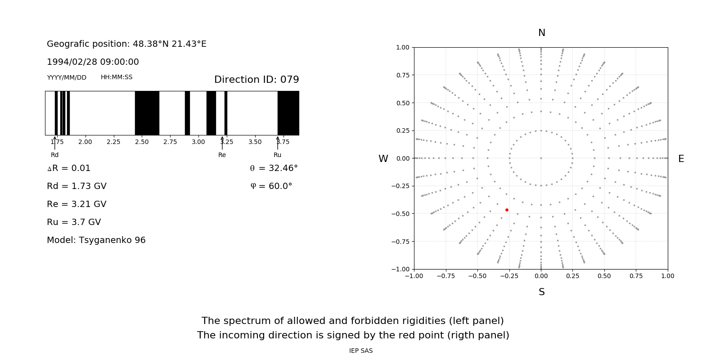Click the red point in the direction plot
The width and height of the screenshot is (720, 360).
507,210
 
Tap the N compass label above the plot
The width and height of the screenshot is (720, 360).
541,33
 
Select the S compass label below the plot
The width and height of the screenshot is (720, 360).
541,292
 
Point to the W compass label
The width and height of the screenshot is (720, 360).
383,159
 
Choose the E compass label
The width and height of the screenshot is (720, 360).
681,159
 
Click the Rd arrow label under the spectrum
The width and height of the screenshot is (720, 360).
54,155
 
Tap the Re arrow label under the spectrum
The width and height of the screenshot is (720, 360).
222,155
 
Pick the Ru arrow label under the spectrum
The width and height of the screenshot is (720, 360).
277,155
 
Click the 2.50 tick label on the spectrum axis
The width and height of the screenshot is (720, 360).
142,142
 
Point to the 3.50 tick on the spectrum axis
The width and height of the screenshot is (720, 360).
255,142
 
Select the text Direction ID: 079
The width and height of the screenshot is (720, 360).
256,80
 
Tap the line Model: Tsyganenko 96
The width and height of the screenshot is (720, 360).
96,240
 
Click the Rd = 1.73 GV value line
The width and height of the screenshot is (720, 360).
76,186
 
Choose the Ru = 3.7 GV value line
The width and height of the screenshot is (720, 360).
74,222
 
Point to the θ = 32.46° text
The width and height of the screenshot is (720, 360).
274,168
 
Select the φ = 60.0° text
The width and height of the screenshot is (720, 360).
271,186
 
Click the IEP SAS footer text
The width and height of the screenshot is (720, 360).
360,351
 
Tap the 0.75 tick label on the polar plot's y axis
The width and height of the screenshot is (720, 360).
403,75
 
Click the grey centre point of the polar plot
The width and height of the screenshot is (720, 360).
541,158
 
